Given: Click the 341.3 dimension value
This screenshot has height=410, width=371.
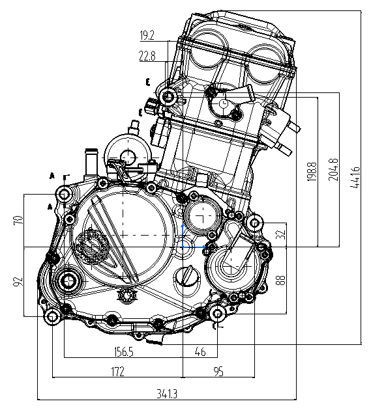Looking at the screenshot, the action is (x=167, y=393).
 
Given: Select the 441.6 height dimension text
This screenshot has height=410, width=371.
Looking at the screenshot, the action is (x=355, y=177).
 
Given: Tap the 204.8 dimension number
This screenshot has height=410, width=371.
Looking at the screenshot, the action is (x=333, y=170).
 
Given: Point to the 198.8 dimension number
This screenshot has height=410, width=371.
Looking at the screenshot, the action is (x=312, y=172).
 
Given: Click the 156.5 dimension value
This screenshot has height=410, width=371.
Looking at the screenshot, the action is (x=124, y=351).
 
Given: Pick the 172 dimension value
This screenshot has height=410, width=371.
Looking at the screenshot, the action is (x=117, y=372).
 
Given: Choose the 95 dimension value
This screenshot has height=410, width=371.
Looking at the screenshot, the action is (x=219, y=372).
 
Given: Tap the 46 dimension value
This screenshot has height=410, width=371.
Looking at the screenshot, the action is (x=200, y=351).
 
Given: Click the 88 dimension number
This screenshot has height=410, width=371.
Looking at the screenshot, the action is (x=280, y=280).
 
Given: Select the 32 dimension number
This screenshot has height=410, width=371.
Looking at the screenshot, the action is (x=280, y=234).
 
